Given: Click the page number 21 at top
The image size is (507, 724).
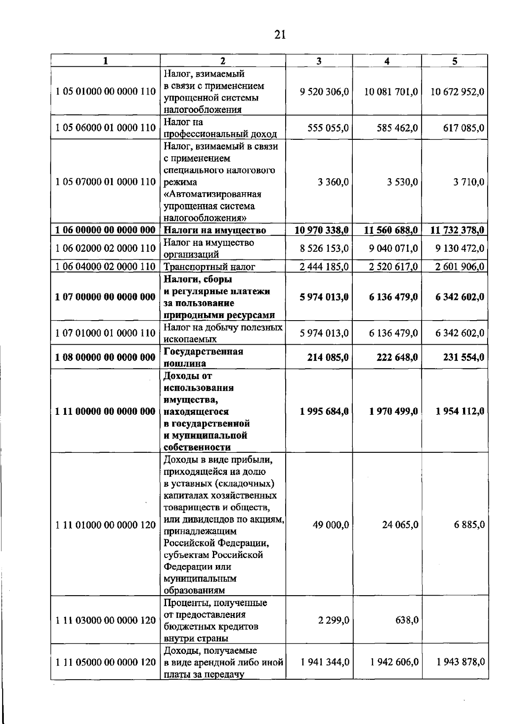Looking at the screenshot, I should coord(280,35).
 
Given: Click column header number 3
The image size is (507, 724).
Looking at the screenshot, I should coord(319,61).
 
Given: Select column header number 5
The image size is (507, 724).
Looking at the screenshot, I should coord(455,61).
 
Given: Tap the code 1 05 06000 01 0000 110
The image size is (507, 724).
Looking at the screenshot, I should coord(106,128).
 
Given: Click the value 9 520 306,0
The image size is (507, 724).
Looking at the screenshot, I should coord(324,92).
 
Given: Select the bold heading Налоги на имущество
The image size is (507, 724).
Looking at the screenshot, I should coord(215,230).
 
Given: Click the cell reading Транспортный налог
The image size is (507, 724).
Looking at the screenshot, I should coord(215,267).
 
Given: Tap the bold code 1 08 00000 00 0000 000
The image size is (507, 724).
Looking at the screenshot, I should coord(106,357).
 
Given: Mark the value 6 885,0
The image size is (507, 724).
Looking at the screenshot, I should coord(469,525).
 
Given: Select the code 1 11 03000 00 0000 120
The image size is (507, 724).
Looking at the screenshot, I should coord(106,620).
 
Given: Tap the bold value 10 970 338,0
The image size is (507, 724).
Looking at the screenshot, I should coord(322,230).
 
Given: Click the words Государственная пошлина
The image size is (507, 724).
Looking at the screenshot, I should coord(203,357).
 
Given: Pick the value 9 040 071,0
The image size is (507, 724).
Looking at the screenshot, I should coord(393,248).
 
